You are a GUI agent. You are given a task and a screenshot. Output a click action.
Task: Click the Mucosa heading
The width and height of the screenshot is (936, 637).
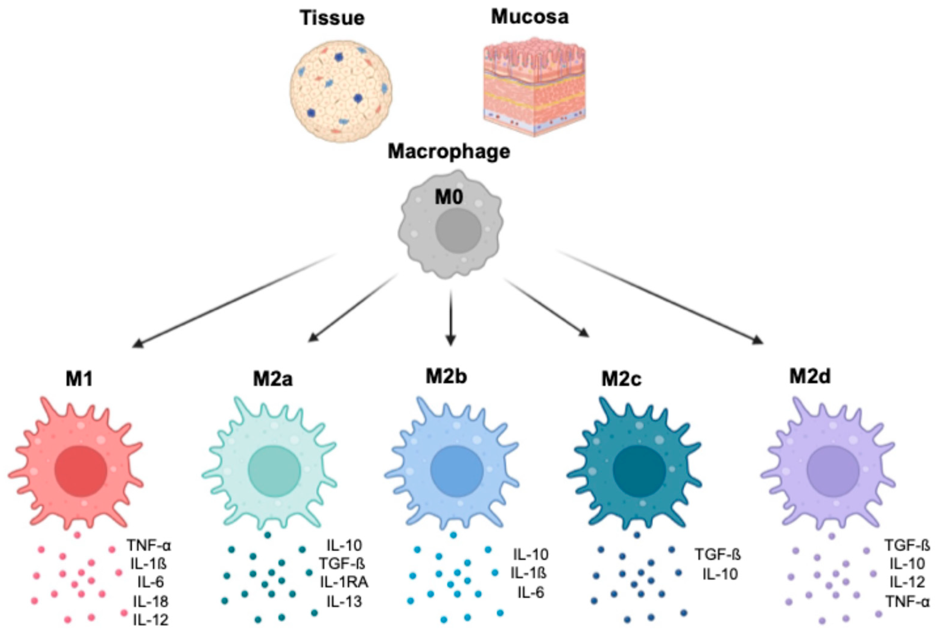[530, 17]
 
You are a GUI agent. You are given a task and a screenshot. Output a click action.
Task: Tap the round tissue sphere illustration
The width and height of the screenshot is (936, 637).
[341, 91]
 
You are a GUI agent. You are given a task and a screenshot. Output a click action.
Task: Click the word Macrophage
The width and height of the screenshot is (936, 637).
[449, 152]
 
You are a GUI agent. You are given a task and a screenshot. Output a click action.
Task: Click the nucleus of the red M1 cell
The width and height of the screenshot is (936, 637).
[81, 471]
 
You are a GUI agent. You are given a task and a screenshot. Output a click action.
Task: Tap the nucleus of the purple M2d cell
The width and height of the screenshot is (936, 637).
[833, 471]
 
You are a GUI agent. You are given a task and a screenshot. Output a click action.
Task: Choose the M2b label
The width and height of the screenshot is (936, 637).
[446, 376]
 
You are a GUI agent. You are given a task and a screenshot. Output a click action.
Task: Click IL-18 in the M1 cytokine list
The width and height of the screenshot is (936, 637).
[151, 601]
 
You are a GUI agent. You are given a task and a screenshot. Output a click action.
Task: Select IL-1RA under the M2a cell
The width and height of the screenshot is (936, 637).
[344, 582]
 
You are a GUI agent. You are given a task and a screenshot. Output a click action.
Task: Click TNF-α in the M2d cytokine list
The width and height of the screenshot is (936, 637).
[907, 602]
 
